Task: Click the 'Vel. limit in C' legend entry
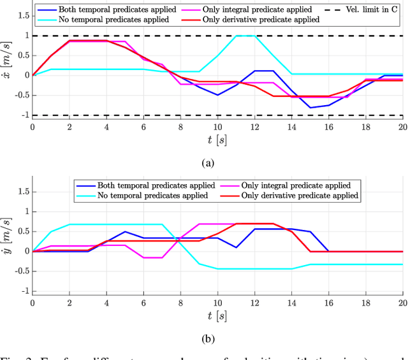365,10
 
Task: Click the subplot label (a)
208,163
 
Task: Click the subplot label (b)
208,339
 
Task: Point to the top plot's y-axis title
8,66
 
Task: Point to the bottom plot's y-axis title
8,242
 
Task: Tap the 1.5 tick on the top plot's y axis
22,16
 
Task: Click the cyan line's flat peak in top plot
245,36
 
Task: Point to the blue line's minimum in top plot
310,107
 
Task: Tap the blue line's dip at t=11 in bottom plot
236,247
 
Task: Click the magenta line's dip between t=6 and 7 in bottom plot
153,257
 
